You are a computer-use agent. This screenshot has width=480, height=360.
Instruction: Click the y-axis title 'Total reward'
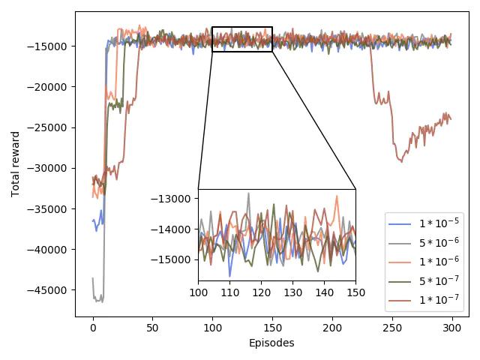coord(16,163)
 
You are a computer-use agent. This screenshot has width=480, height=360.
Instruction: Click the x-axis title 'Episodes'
coord(271,343)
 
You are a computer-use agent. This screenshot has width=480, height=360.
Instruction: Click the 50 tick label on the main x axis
coord(152,328)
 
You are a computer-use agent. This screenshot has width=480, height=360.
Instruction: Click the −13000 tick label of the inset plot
coord(172,199)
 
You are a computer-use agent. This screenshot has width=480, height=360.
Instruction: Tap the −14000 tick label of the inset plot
coord(172,229)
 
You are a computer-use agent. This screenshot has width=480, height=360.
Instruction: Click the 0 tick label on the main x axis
coord(93,328)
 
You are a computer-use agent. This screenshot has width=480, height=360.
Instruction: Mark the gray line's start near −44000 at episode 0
coord(93,278)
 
